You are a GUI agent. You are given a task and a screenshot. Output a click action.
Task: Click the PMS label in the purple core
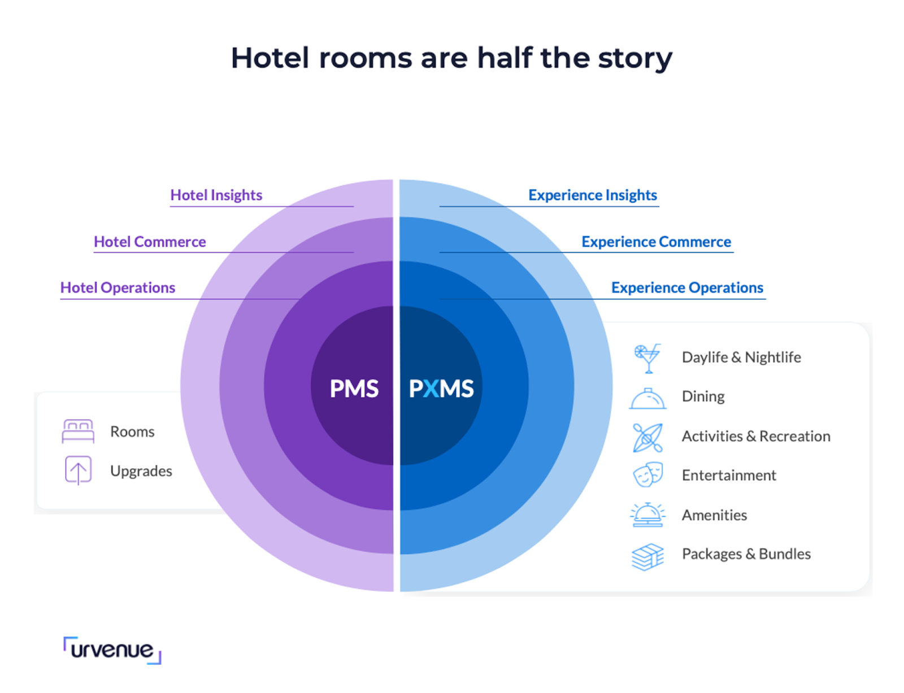pos(354,389)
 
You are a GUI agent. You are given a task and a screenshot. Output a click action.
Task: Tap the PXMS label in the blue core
pos(441,389)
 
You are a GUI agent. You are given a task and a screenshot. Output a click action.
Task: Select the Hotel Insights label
pos(216,195)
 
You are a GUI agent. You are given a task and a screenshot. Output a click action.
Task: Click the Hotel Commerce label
pos(150,242)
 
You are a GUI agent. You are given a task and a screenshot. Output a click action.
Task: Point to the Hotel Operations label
pos(118,287)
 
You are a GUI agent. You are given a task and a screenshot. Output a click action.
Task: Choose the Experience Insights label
pos(593,195)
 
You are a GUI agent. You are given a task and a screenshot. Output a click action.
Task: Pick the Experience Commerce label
pos(656,242)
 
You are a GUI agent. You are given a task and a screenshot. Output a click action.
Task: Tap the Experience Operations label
pos(687,287)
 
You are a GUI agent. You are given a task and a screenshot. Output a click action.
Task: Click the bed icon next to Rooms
pos(78,432)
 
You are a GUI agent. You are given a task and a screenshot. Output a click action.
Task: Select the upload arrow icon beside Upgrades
pos(78,470)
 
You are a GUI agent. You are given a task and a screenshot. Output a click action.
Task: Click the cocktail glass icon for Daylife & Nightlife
pos(647,358)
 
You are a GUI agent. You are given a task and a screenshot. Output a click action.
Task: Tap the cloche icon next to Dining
pos(647,399)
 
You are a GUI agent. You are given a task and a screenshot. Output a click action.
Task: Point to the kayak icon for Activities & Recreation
pos(647,437)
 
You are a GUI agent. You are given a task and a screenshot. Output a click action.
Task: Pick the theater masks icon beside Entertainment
pos(647,475)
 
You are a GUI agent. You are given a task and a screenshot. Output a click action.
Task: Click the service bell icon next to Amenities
pos(647,515)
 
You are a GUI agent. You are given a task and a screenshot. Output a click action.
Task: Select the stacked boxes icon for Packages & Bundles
pos(647,556)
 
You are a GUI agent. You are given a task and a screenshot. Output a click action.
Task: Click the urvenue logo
pos(112,650)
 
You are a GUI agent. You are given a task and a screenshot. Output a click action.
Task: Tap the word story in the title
pos(635,58)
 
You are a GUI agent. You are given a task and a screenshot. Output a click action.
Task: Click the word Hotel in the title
pos(270,58)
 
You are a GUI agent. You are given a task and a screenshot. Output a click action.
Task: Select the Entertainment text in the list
pos(729,476)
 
